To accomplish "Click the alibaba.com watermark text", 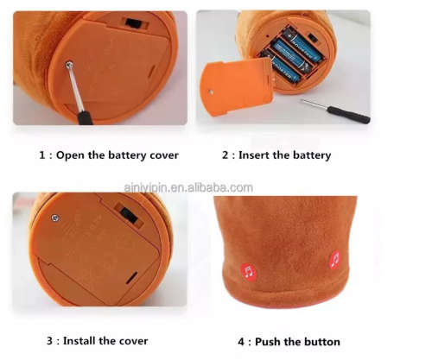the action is (x=188, y=187).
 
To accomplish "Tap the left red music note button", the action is (x=249, y=271).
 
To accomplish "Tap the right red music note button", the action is (x=335, y=260).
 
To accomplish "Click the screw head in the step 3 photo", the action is (x=55, y=218).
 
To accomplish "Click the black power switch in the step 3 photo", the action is (x=129, y=216).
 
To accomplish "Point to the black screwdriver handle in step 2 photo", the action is (x=348, y=114).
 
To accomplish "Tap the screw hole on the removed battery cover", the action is (x=212, y=92).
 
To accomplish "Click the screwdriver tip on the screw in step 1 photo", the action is (x=69, y=66).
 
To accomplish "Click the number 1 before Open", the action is (x=42, y=155).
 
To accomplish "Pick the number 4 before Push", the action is (x=241, y=342).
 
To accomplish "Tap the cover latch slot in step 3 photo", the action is (x=131, y=277).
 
